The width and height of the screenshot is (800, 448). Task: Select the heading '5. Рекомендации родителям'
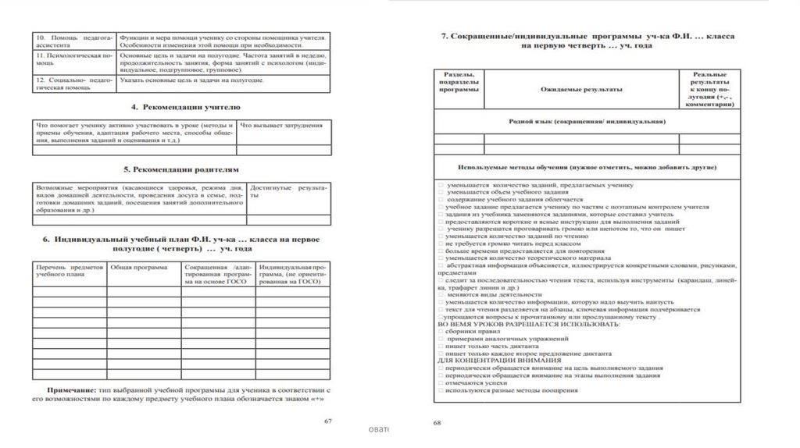[x=180, y=169]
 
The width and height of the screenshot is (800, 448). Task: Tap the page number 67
[x=329, y=421]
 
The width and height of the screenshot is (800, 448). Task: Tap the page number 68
[x=437, y=423]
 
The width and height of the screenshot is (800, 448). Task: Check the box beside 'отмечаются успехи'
[x=442, y=383]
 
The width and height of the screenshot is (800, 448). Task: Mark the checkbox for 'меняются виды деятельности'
[x=442, y=295]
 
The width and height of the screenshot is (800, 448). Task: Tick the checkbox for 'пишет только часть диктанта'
[x=442, y=346]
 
